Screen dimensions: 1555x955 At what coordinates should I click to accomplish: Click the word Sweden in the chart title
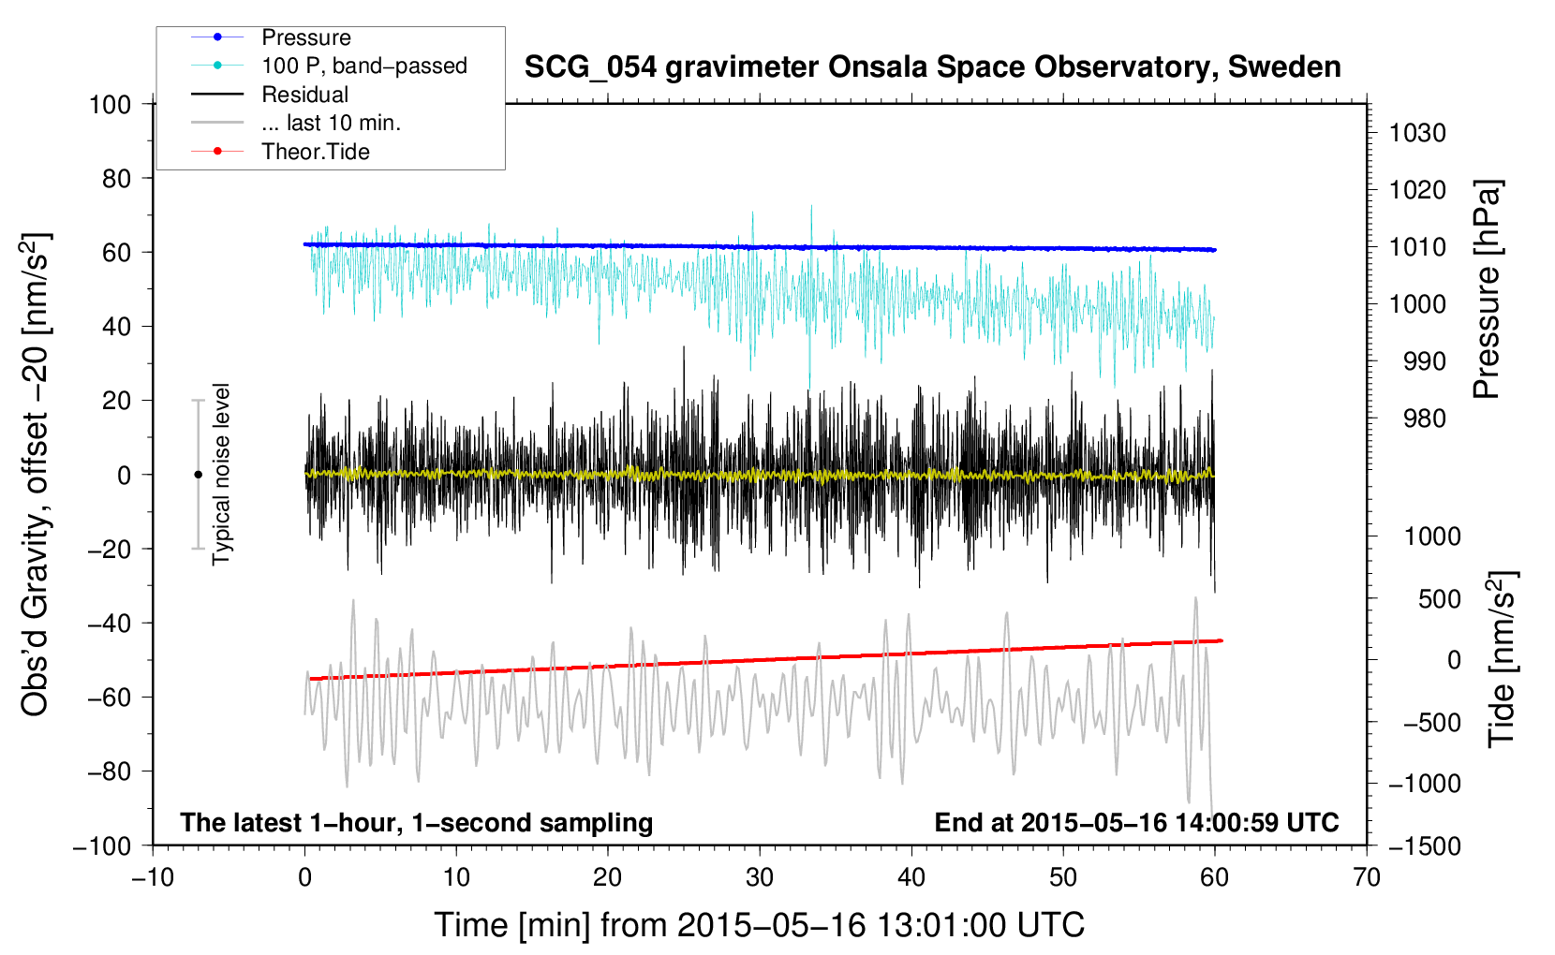tap(1284, 66)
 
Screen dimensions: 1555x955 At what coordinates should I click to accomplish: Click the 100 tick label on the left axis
tap(110, 105)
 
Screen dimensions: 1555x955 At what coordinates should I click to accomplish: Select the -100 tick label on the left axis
tap(102, 846)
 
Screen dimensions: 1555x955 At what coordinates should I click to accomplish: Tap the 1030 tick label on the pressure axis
tap(1417, 133)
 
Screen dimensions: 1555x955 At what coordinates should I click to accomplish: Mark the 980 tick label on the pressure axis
tap(1424, 419)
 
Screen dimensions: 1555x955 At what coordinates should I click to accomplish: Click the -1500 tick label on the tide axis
tap(1425, 846)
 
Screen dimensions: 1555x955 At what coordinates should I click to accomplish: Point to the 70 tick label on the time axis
tap(1366, 877)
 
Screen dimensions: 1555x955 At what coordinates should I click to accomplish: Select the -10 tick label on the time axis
tap(153, 877)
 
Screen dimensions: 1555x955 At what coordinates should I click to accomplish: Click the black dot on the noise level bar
tap(198, 475)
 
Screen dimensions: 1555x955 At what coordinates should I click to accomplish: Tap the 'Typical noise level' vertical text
tap(221, 475)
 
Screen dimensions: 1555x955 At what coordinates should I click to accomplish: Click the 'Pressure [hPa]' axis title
tap(1487, 289)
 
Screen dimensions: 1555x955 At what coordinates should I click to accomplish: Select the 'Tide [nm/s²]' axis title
tap(1502, 659)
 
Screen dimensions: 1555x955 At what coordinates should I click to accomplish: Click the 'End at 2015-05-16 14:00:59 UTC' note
tap(1136, 822)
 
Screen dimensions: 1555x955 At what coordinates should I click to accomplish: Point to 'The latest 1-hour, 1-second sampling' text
tap(417, 823)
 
